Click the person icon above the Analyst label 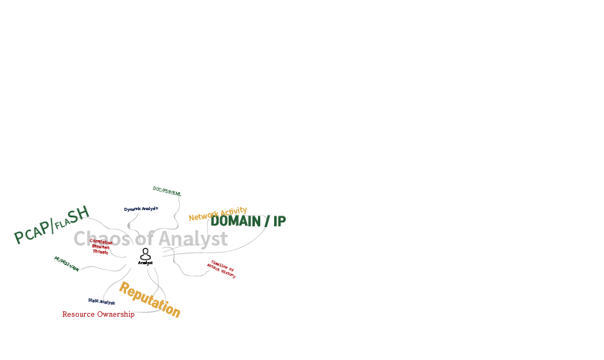(x=145, y=253)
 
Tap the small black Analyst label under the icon (x=145, y=263)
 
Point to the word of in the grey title (x=145, y=239)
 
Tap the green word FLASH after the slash (x=73, y=219)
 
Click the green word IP (x=279, y=221)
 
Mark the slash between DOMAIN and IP (x=266, y=221)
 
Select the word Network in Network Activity (x=203, y=216)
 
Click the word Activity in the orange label (x=233, y=211)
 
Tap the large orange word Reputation (x=149, y=300)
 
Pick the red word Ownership (x=115, y=314)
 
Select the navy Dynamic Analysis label (x=141, y=209)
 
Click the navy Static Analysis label (x=101, y=301)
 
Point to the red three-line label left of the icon (x=101, y=246)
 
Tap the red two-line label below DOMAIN (x=222, y=269)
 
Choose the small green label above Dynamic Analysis (x=167, y=191)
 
